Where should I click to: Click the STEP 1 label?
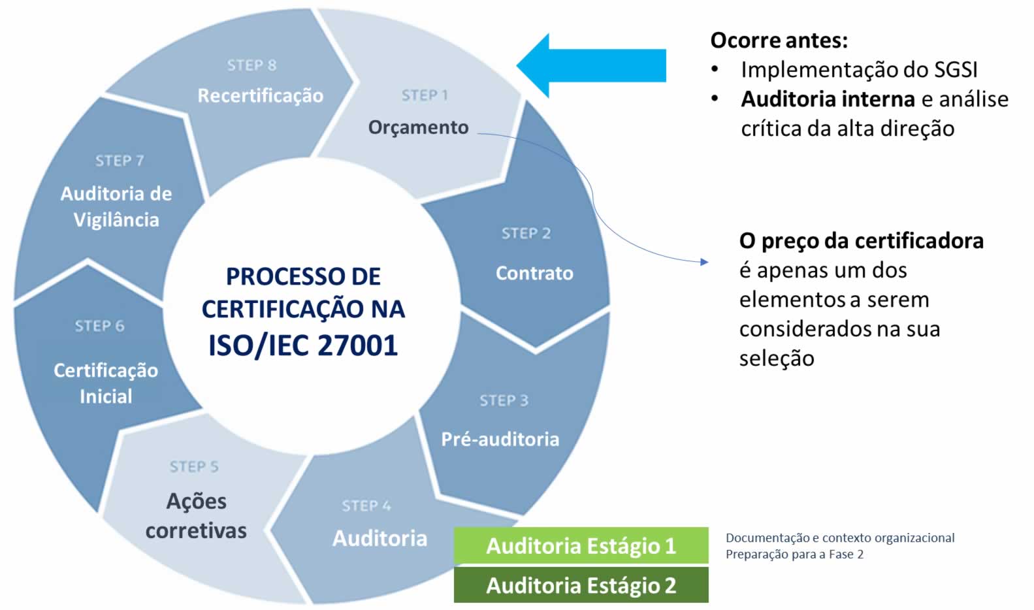[425, 95]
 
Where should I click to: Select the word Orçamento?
[418, 127]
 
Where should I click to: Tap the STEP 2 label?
[526, 233]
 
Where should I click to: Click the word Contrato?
[534, 273]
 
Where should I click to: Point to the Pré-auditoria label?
[500, 439]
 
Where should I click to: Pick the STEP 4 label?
[366, 506]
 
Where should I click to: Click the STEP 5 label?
[194, 466]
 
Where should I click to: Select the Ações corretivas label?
[196, 516]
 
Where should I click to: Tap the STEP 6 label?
[99, 326]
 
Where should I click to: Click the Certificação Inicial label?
[106, 383]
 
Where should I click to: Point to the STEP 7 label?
[120, 161]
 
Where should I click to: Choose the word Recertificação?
[260, 95]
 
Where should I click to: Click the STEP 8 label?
[251, 65]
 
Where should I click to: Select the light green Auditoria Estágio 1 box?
[581, 545]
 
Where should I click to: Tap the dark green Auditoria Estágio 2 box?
[581, 585]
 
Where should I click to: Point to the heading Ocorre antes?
[779, 40]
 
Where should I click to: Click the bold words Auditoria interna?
[827, 99]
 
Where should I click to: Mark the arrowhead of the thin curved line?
[704, 262]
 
